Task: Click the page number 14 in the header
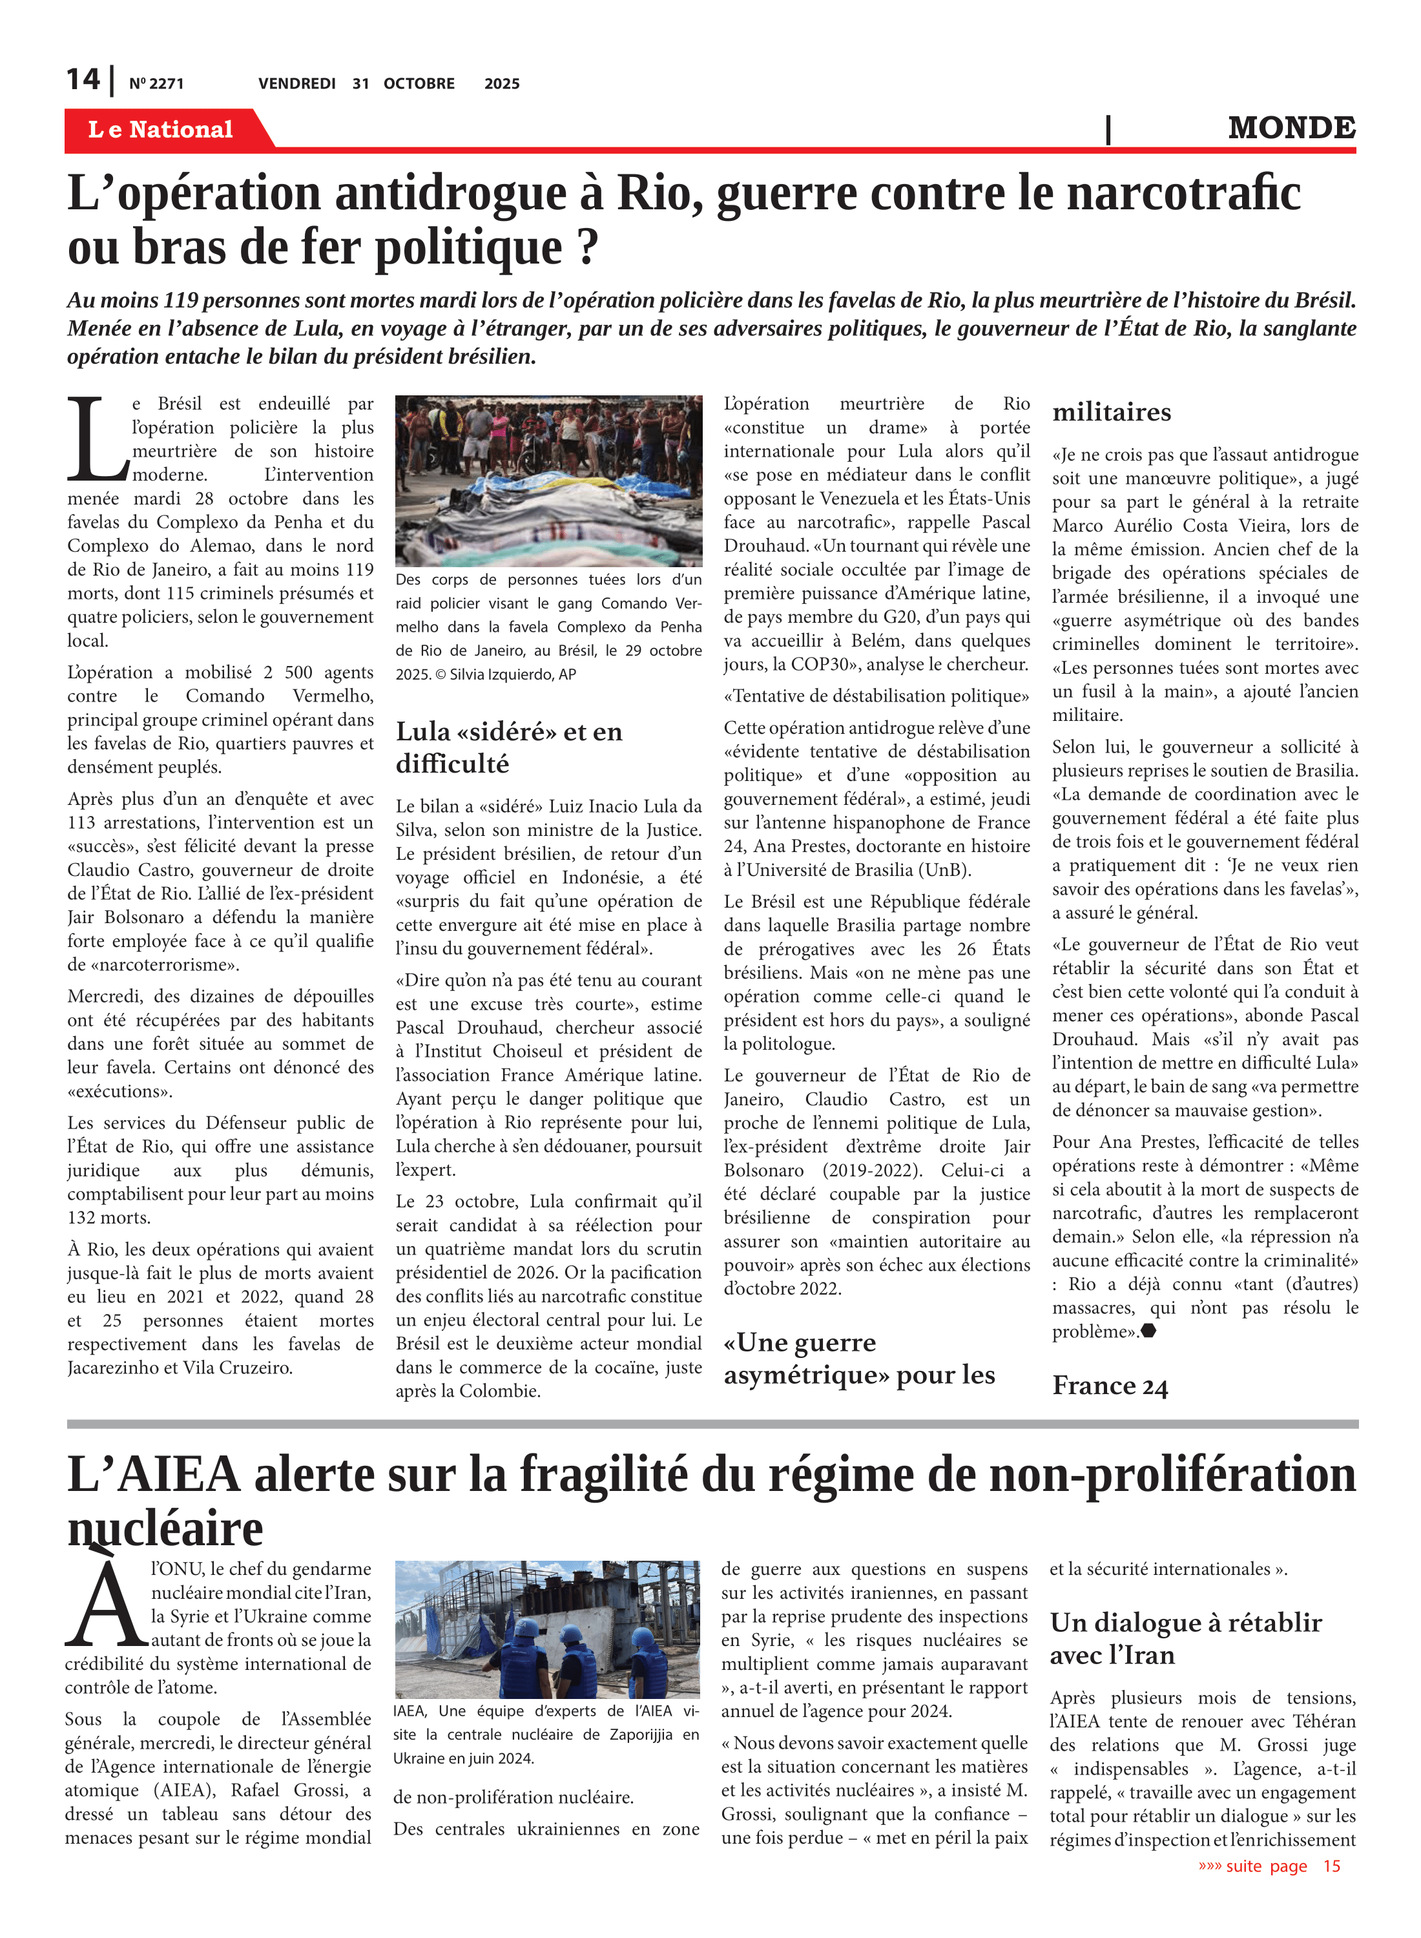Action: pyautogui.click(x=83, y=80)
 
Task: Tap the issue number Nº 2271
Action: pyautogui.click(x=156, y=84)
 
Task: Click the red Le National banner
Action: pyautogui.click(x=160, y=129)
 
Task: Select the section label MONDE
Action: pyautogui.click(x=1291, y=128)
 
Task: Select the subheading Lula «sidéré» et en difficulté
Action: pyautogui.click(x=508, y=747)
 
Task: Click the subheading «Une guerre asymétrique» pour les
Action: pyautogui.click(x=858, y=1359)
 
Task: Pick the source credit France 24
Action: pyautogui.click(x=1110, y=1386)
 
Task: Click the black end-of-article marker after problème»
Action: pyautogui.click(x=1148, y=1331)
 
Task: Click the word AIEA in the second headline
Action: pyautogui.click(x=178, y=1474)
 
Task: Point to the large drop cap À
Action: pyautogui.click(x=106, y=1601)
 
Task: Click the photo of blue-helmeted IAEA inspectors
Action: pyautogui.click(x=547, y=1629)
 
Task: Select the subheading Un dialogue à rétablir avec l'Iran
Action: pyautogui.click(x=1185, y=1638)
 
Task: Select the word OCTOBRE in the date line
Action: pyautogui.click(x=419, y=84)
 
